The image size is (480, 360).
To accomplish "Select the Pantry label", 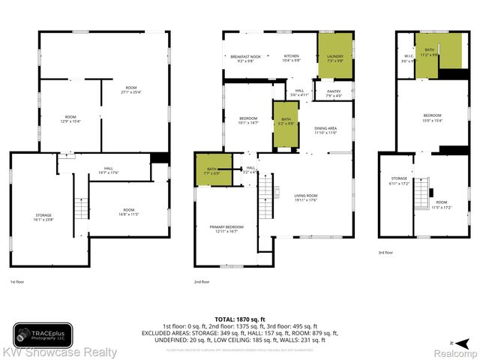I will pyautogui.click(x=334, y=93).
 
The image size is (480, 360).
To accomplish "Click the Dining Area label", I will pyautogui.click(x=325, y=130).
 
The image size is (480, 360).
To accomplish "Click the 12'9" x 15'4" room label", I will pyautogui.click(x=70, y=118).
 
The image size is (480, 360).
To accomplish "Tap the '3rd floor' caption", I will pyautogui.click(x=385, y=253).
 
